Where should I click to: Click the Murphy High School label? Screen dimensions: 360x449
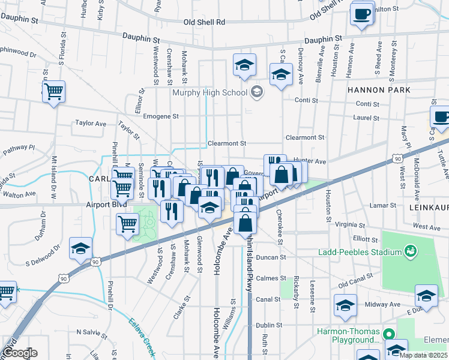tap(209, 92)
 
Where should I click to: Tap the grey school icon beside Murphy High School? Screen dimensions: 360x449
tap(257, 92)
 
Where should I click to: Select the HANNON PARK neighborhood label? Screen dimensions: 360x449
tap(378, 90)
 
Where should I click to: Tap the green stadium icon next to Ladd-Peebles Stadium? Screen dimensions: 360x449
tap(411, 249)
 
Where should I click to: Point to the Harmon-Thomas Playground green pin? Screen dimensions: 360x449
tap(388, 335)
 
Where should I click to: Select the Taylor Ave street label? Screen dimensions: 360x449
tap(91, 123)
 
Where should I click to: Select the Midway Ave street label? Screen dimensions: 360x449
tap(386, 304)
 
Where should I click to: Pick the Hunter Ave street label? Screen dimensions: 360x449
tap(310, 161)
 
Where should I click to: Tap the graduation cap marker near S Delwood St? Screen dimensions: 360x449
tap(80, 250)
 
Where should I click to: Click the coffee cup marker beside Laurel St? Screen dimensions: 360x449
tap(441, 118)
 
